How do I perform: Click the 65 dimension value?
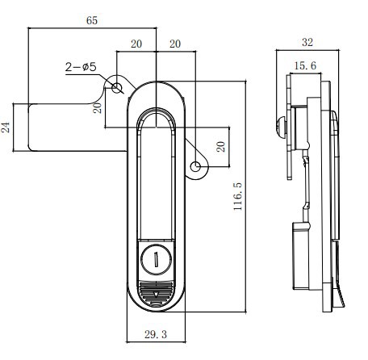pyautogui.click(x=92, y=20)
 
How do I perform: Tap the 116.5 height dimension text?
pyautogui.click(x=238, y=196)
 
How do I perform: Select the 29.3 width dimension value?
pyautogui.click(x=156, y=334)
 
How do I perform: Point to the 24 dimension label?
pyautogui.click(x=6, y=128)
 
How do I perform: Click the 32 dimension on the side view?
pyautogui.click(x=307, y=42)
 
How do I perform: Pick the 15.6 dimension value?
pyautogui.click(x=305, y=65)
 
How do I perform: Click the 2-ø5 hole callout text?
pyautogui.click(x=81, y=67)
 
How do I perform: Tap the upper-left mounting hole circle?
pyautogui.click(x=116, y=88)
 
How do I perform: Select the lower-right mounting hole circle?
pyautogui.click(x=195, y=166)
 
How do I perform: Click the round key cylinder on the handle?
pyautogui.click(x=156, y=259)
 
